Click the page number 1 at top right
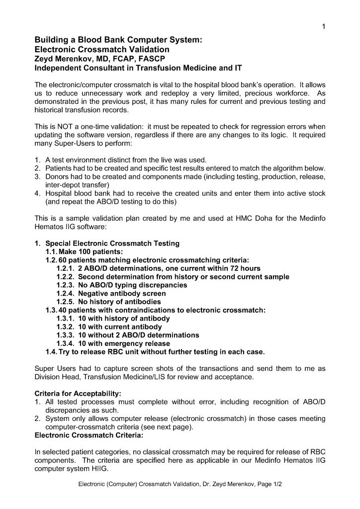(x=323, y=27)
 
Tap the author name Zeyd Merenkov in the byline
(x=63, y=59)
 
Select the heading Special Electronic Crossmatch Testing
(x=112, y=244)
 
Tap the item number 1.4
(x=51, y=352)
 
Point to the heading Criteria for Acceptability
(x=78, y=394)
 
